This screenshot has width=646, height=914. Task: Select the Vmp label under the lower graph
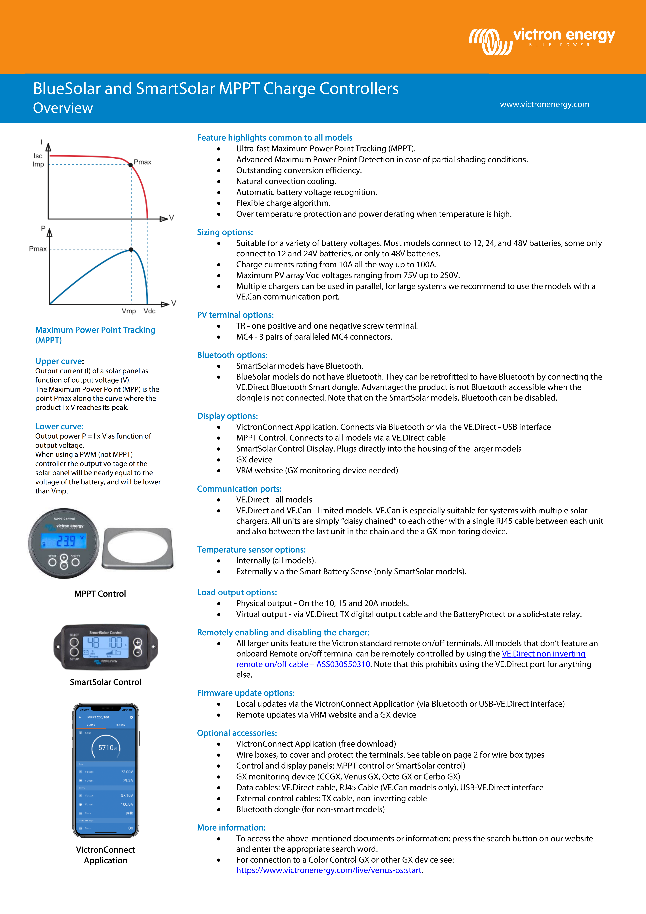[129, 311]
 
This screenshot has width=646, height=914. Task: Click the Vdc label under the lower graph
[150, 311]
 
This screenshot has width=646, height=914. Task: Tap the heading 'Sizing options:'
[225, 232]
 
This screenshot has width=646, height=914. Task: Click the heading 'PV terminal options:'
[235, 315]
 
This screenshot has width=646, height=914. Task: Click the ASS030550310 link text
[343, 664]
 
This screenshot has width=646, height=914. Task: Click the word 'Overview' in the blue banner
[63, 108]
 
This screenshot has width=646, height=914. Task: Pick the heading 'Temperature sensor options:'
[251, 550]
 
